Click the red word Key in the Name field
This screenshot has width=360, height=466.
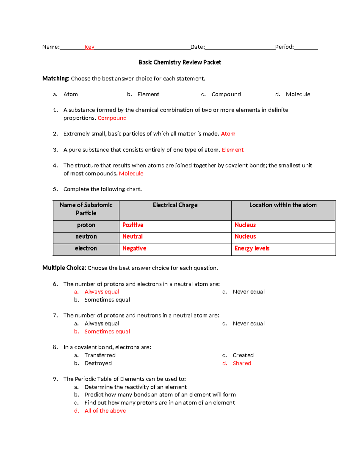tap(89, 47)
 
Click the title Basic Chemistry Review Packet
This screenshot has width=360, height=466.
tap(180, 62)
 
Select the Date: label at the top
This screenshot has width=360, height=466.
tap(198, 47)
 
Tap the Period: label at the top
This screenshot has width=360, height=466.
tap(284, 47)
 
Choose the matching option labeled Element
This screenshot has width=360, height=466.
tap(148, 94)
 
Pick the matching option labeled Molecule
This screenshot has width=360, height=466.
tap(298, 94)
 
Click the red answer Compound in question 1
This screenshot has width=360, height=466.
tap(112, 118)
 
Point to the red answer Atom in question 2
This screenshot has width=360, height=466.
tap(228, 134)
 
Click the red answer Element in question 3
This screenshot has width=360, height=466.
tap(232, 150)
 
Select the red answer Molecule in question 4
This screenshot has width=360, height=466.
tap(131, 173)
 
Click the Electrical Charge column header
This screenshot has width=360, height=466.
tap(175, 205)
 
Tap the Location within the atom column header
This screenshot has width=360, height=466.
tap(283, 205)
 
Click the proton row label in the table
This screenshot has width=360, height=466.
tap(86, 225)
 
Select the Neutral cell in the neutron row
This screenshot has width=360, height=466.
tap(132, 236)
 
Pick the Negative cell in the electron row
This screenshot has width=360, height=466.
tap(134, 248)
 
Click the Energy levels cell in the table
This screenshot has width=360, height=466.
tap(252, 248)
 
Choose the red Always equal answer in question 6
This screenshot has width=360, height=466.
tap(102, 292)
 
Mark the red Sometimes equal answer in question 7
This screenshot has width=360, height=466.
tap(107, 332)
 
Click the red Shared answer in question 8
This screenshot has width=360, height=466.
tap(242, 363)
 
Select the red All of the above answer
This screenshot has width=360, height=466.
tap(105, 411)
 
